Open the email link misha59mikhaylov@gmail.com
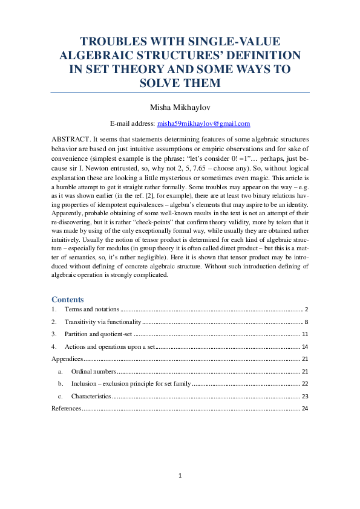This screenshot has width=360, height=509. (203, 123)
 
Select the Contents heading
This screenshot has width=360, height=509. (68, 299)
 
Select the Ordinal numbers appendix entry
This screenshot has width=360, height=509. (93, 371)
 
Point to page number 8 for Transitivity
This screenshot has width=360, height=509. (307, 322)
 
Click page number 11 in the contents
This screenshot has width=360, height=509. (306, 334)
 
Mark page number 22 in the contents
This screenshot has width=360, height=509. (306, 384)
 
